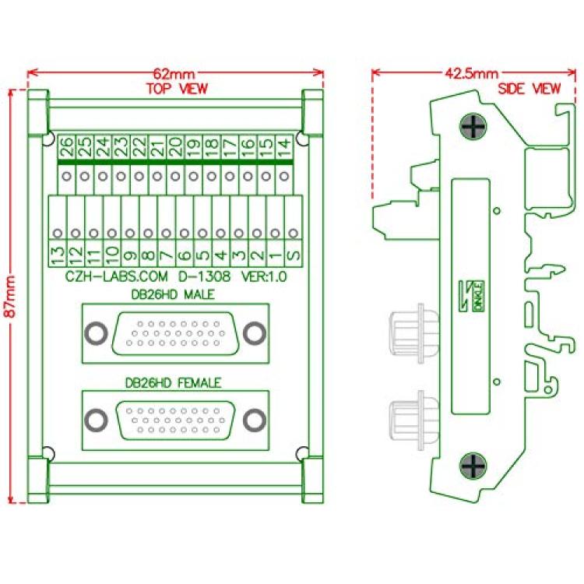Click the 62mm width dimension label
174,73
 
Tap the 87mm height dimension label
10,297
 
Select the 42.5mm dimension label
472,73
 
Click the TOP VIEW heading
177,89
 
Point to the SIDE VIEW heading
529,89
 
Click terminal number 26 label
67,146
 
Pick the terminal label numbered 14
284,147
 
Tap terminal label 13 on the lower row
58,254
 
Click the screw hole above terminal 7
166,234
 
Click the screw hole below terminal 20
175,176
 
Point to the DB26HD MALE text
173,294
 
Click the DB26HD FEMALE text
173,383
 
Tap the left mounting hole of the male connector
96,333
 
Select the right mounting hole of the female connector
255,420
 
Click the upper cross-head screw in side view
473,126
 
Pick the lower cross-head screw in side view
473,466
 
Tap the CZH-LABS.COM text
117,276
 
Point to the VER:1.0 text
264,276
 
